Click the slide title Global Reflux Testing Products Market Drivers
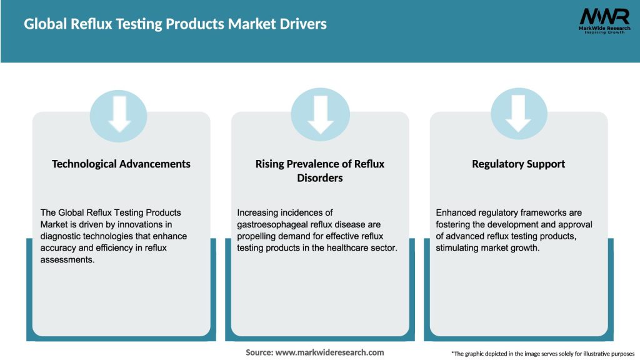pos(175,24)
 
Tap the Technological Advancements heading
pos(121,164)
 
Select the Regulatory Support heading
pos(518,164)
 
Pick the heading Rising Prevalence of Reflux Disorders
pos(320,171)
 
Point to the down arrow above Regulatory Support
pos(519,114)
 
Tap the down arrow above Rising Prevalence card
pos(320,114)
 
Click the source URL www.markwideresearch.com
pos(329,352)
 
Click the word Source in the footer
pos(259,352)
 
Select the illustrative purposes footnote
pos(542,354)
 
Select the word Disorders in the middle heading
pos(320,178)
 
